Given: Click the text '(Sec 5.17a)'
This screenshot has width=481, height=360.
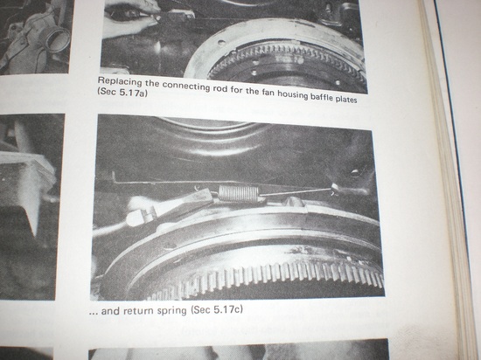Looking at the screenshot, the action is (122, 93).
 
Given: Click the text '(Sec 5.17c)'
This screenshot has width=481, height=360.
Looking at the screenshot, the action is (217, 309).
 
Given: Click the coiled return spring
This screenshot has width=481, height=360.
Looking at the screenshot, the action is (239, 194).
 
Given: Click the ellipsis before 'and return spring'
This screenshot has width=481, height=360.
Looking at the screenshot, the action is (94, 314).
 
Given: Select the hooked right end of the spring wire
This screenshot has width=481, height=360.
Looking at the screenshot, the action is (334, 189).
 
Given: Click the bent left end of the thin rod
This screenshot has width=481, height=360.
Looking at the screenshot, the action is (114, 177).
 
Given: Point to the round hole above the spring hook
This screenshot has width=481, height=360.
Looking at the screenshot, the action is (355, 173).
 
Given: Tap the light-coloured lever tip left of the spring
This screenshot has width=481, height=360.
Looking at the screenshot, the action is (136, 217).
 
